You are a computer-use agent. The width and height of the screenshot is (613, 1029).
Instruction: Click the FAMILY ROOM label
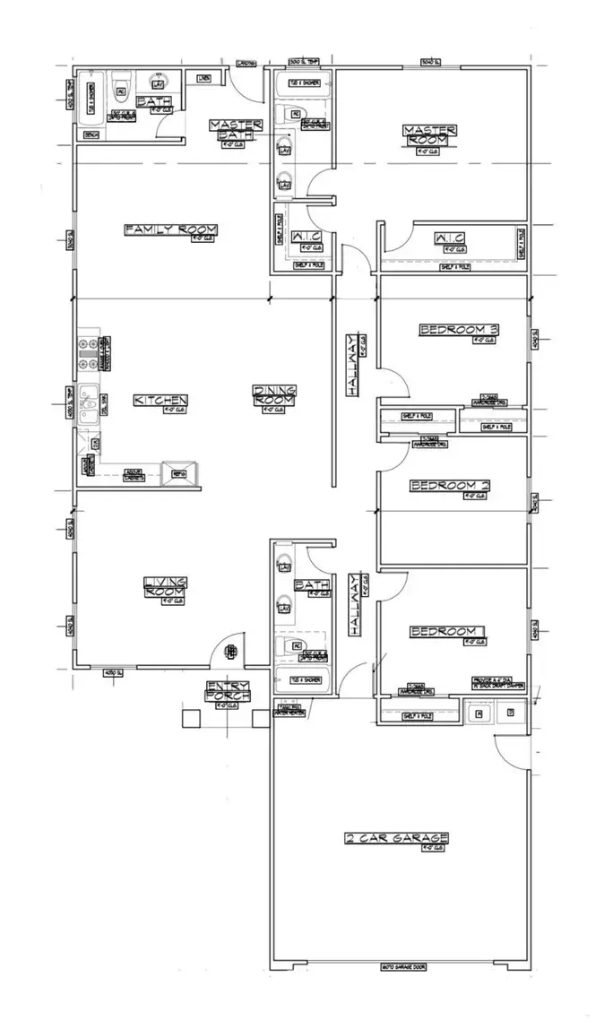coord(171,230)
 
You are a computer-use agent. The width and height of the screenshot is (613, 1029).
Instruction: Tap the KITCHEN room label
coord(161,400)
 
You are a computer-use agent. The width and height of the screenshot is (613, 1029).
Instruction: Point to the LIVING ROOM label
coord(166,587)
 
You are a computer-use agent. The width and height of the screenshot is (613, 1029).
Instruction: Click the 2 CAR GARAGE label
coord(397,838)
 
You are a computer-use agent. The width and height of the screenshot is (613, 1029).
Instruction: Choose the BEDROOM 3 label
coord(459,330)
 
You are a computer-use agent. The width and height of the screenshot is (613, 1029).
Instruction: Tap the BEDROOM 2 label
coord(450,486)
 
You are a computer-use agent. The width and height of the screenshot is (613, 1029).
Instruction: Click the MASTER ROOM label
coord(431,135)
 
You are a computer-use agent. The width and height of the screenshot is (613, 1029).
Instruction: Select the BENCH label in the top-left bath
coord(91,134)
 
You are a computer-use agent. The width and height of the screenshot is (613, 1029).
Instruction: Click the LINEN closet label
coord(203,76)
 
